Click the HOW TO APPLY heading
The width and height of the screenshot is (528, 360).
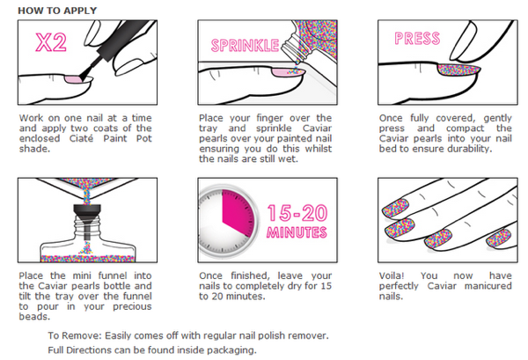point(57,11)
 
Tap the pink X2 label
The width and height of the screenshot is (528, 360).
point(51,42)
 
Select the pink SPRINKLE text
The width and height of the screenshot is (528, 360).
point(245,46)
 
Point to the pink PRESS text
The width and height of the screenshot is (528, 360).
point(417,39)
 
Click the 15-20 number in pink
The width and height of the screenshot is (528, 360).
point(297,213)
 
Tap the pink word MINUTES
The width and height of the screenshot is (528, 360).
point(297,232)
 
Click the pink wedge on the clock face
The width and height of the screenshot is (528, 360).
point(238,211)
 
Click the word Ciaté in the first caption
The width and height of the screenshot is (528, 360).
point(81,138)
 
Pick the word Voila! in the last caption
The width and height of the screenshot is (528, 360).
point(392,276)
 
